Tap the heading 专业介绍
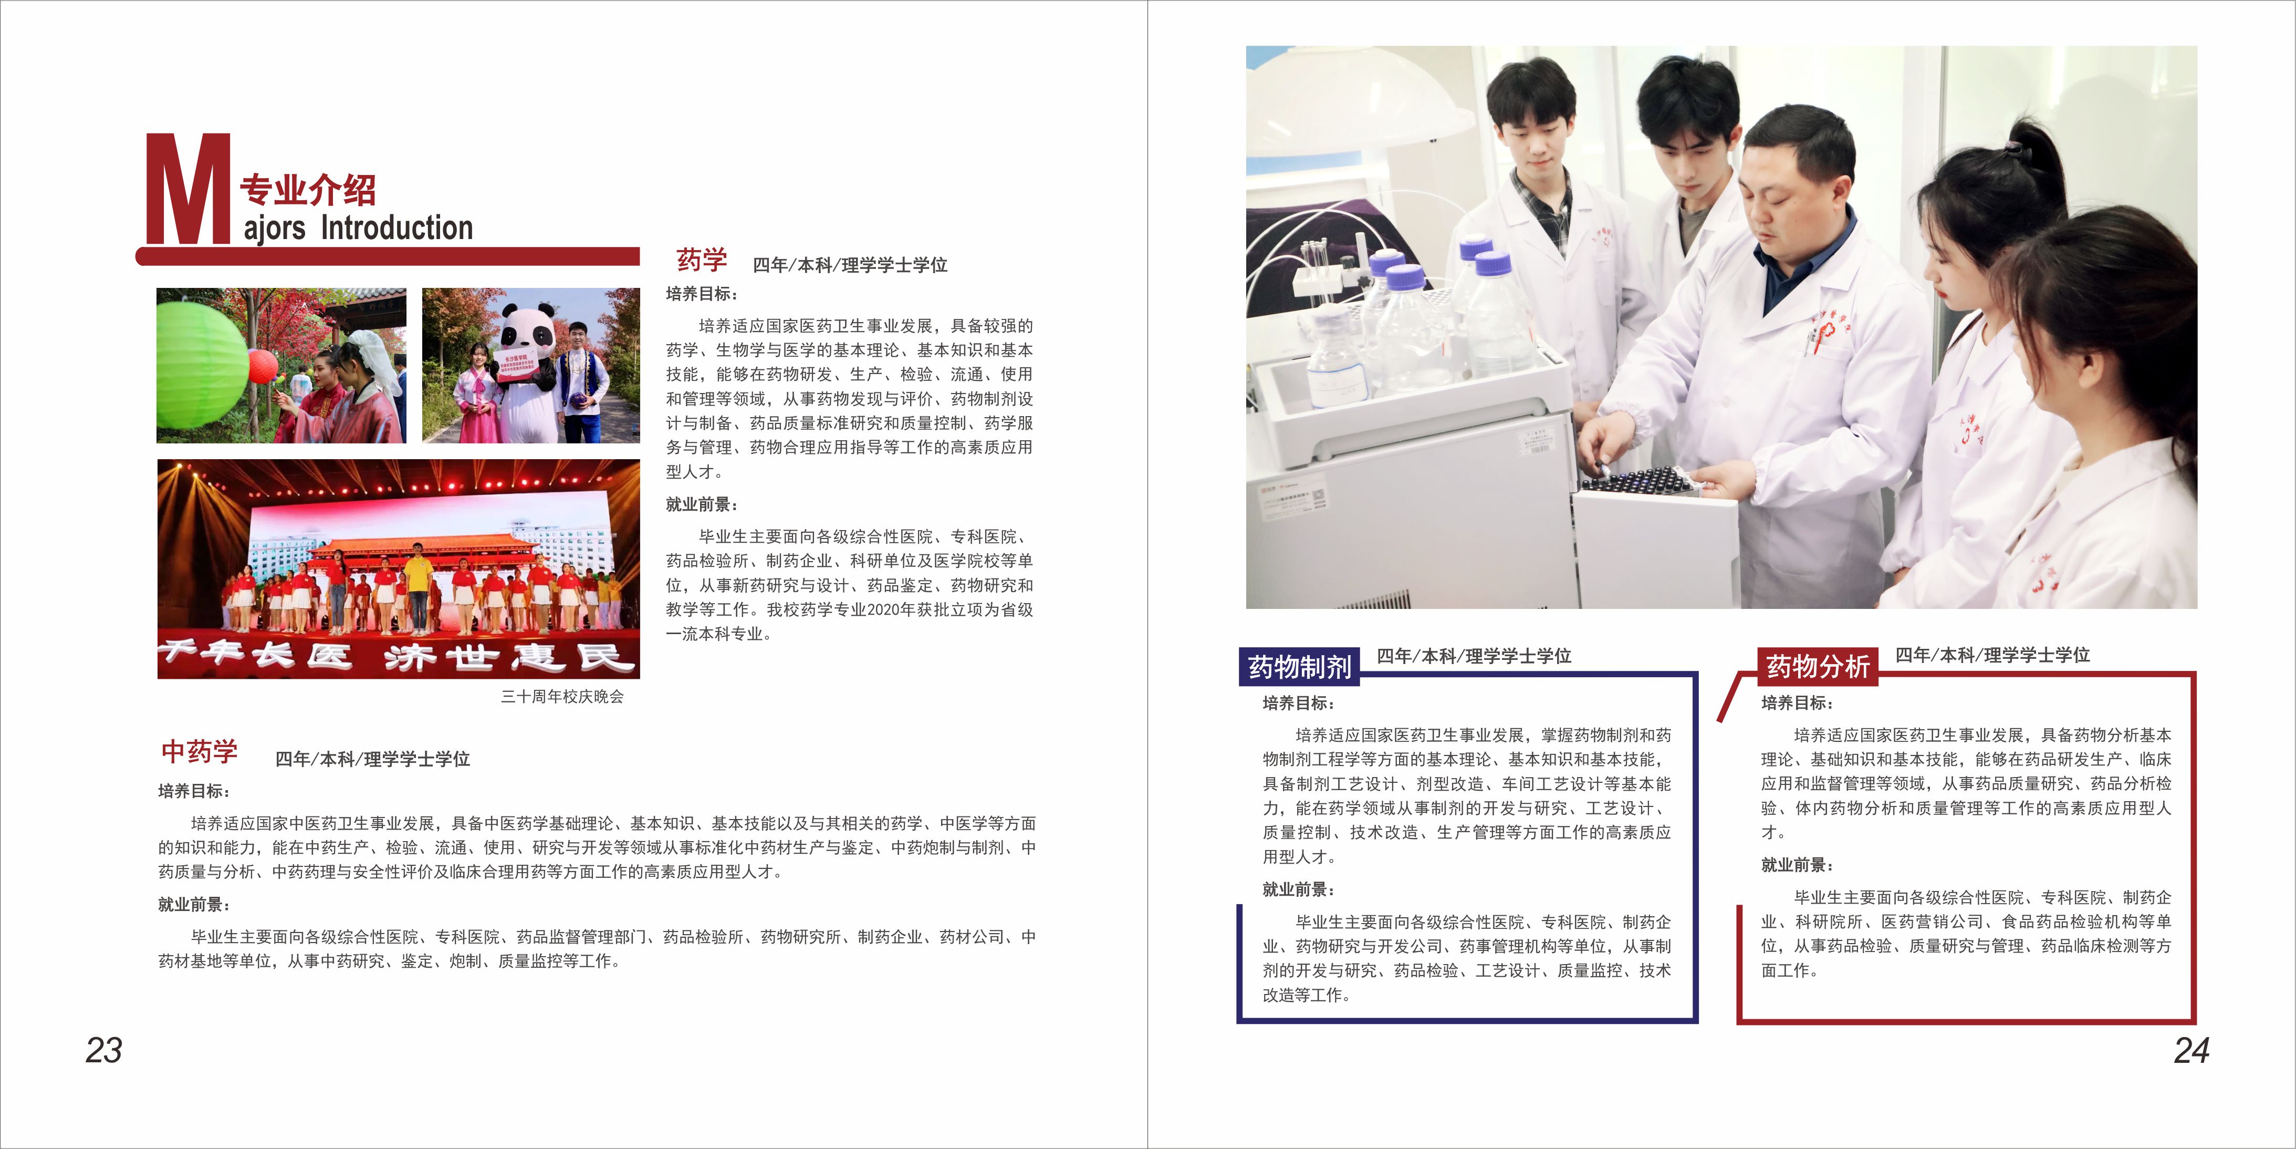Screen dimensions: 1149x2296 click(x=308, y=190)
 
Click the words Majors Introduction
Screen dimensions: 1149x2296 click(x=358, y=228)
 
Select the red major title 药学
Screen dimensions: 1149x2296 click(x=702, y=260)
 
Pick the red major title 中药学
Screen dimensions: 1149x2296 click(x=200, y=751)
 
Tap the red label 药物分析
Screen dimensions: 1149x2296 click(x=1818, y=666)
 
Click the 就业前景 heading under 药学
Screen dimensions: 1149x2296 click(x=702, y=504)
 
